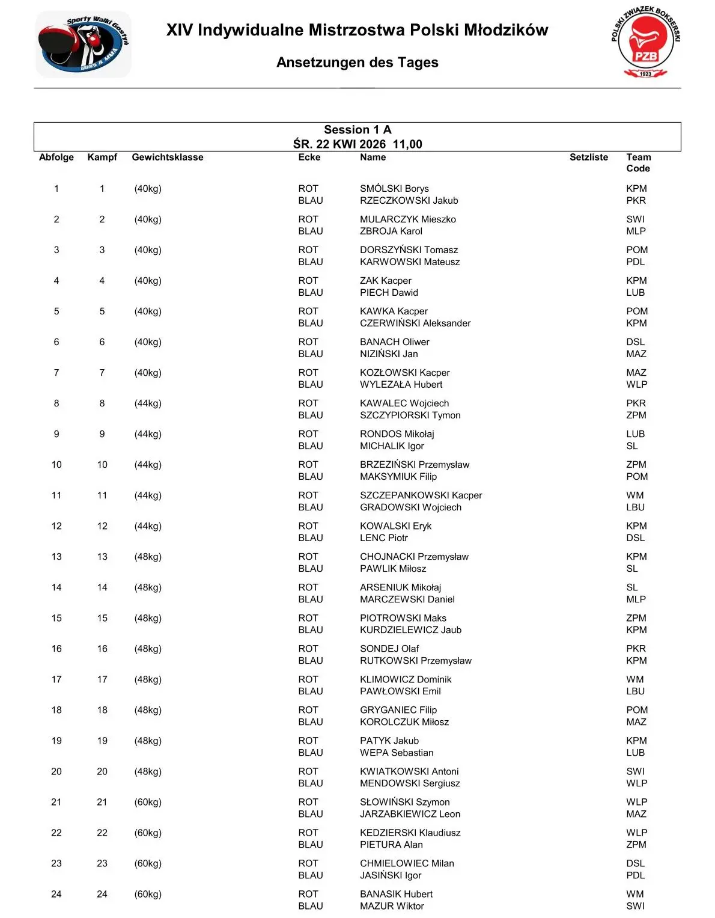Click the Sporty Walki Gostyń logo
[x=84, y=44]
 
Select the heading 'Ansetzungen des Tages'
[x=357, y=63]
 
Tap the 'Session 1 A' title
[x=357, y=130]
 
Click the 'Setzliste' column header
[x=588, y=158]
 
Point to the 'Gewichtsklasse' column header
[x=168, y=158]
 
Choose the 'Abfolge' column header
[x=56, y=158]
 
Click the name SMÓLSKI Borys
[x=394, y=189]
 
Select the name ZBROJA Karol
[x=391, y=231]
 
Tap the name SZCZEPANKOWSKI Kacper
[x=421, y=495]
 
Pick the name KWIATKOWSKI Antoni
[x=409, y=771]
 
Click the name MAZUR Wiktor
[x=392, y=906]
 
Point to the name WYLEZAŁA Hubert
[x=401, y=385]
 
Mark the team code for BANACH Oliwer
[x=635, y=342]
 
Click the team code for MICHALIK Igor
[x=632, y=446]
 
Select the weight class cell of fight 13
[x=148, y=557]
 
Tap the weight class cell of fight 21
[x=148, y=802]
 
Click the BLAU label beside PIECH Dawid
[x=311, y=293]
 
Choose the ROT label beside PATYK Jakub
[x=308, y=741]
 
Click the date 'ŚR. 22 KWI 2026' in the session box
[x=339, y=144]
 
